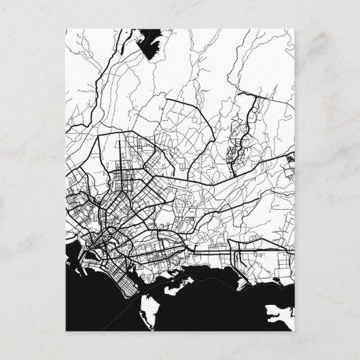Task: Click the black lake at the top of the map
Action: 150,43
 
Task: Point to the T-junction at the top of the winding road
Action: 254,95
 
